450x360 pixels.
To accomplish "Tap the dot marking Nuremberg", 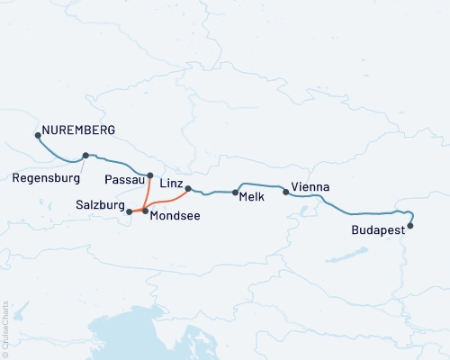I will coord(38,136).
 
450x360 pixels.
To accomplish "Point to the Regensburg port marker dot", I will coord(85,155).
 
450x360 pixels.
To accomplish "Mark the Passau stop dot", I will coord(150,175).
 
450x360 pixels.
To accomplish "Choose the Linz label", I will coord(172,183).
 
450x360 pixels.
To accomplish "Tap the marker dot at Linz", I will coord(188,188).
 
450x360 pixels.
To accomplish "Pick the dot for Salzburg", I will coord(130,211).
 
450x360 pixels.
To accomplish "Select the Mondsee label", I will coord(175,216).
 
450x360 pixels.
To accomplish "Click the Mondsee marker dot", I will coord(145,211).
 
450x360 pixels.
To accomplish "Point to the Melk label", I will coord(252,198).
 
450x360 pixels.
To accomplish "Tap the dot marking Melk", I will coord(235,193).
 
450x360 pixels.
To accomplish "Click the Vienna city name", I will coord(310,187).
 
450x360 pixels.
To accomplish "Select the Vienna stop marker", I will coord(286,191).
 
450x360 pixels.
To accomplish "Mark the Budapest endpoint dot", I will coord(410,226).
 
